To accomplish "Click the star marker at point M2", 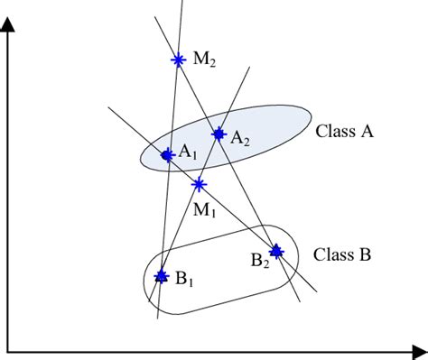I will (177, 60).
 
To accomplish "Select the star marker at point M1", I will (199, 185).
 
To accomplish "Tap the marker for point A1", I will (167, 155).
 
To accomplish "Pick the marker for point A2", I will (218, 134).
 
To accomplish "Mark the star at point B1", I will (161, 276).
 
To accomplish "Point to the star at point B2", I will (276, 252).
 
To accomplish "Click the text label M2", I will (205, 60).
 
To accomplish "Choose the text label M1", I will (204, 213).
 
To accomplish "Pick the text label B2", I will (259, 262).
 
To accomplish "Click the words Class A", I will (345, 131).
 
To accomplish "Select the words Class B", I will (342, 254).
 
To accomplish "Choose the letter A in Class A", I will (368, 131).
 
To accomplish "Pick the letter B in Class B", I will (365, 254).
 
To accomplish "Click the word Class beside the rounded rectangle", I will (331, 254).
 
